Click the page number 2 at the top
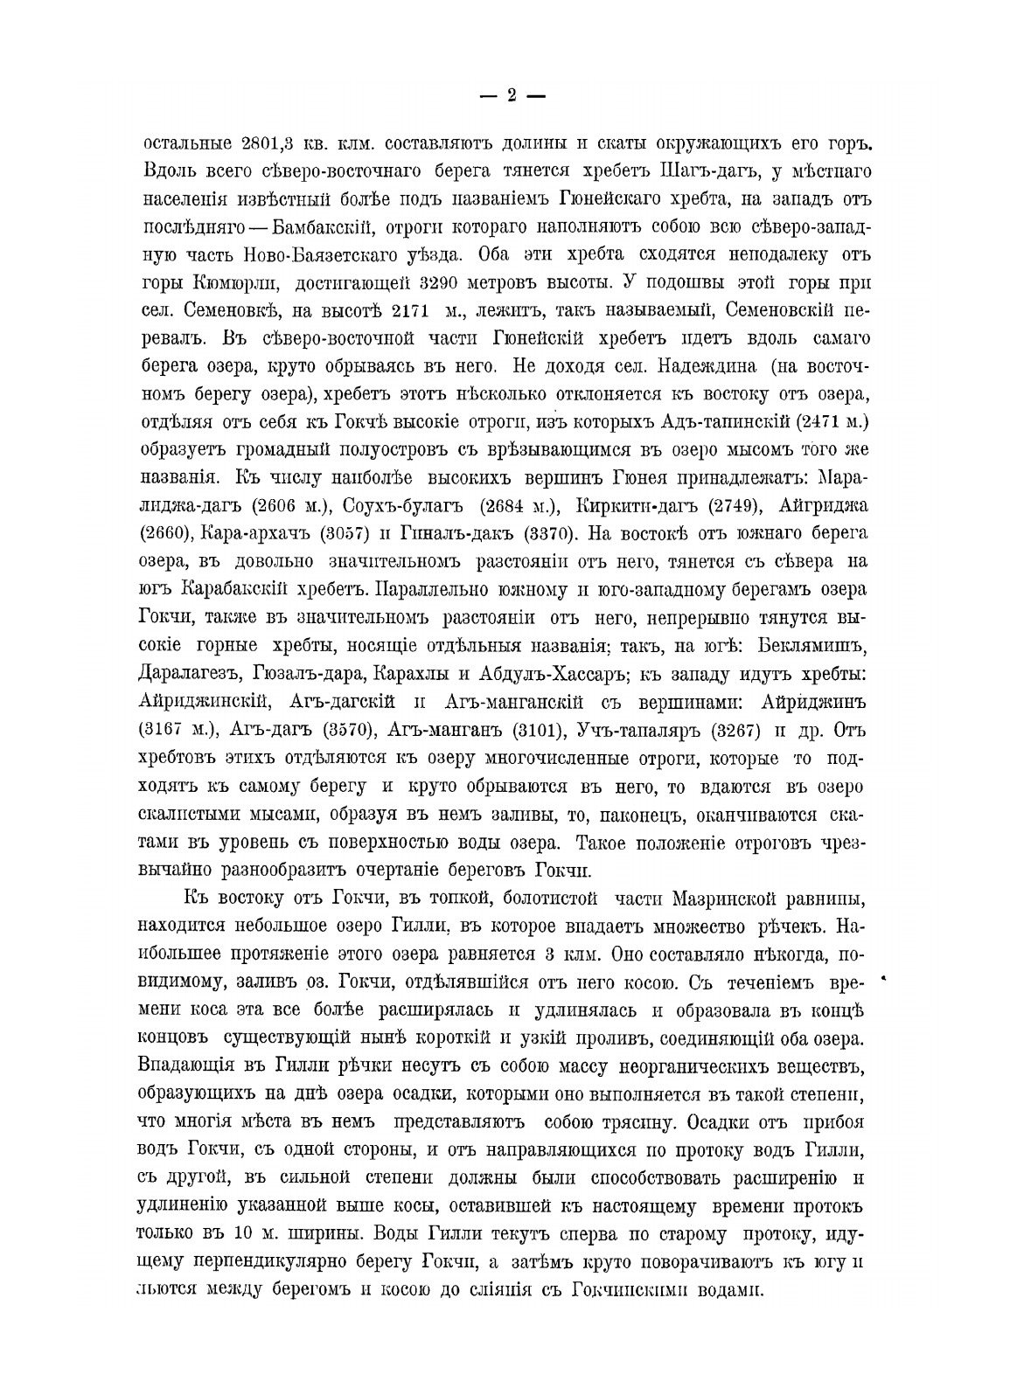(512, 96)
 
